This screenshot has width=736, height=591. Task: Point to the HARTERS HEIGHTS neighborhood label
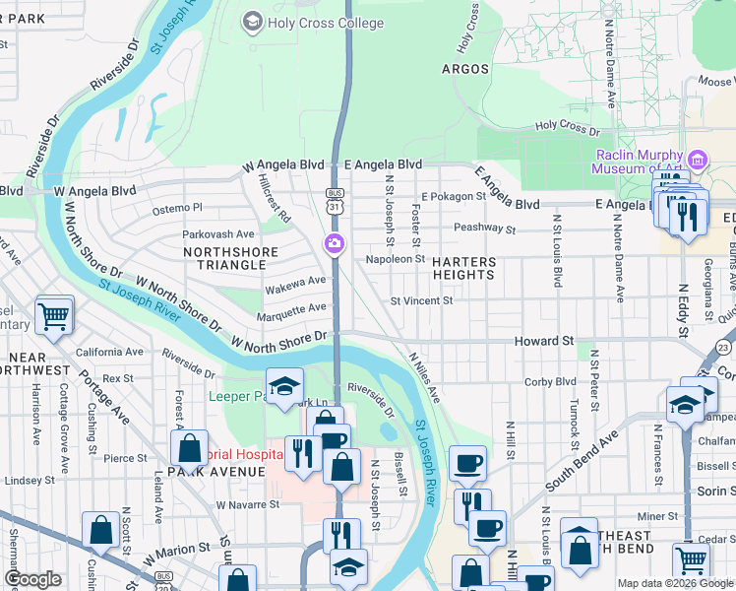(461, 268)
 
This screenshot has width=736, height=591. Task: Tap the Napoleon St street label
(395, 258)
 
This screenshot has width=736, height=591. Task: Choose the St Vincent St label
(421, 300)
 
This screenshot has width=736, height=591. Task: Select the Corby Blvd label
(550, 381)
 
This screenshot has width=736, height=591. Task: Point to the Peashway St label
(484, 229)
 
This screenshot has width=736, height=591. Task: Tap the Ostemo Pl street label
(177, 208)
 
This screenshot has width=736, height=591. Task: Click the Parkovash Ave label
(217, 234)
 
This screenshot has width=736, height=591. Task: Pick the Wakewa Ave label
(295, 281)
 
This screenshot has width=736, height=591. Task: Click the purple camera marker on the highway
(335, 243)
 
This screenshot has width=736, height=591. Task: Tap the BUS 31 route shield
(337, 200)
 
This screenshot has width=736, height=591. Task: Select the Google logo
(32, 580)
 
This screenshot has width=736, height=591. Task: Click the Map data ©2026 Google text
(675, 583)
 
